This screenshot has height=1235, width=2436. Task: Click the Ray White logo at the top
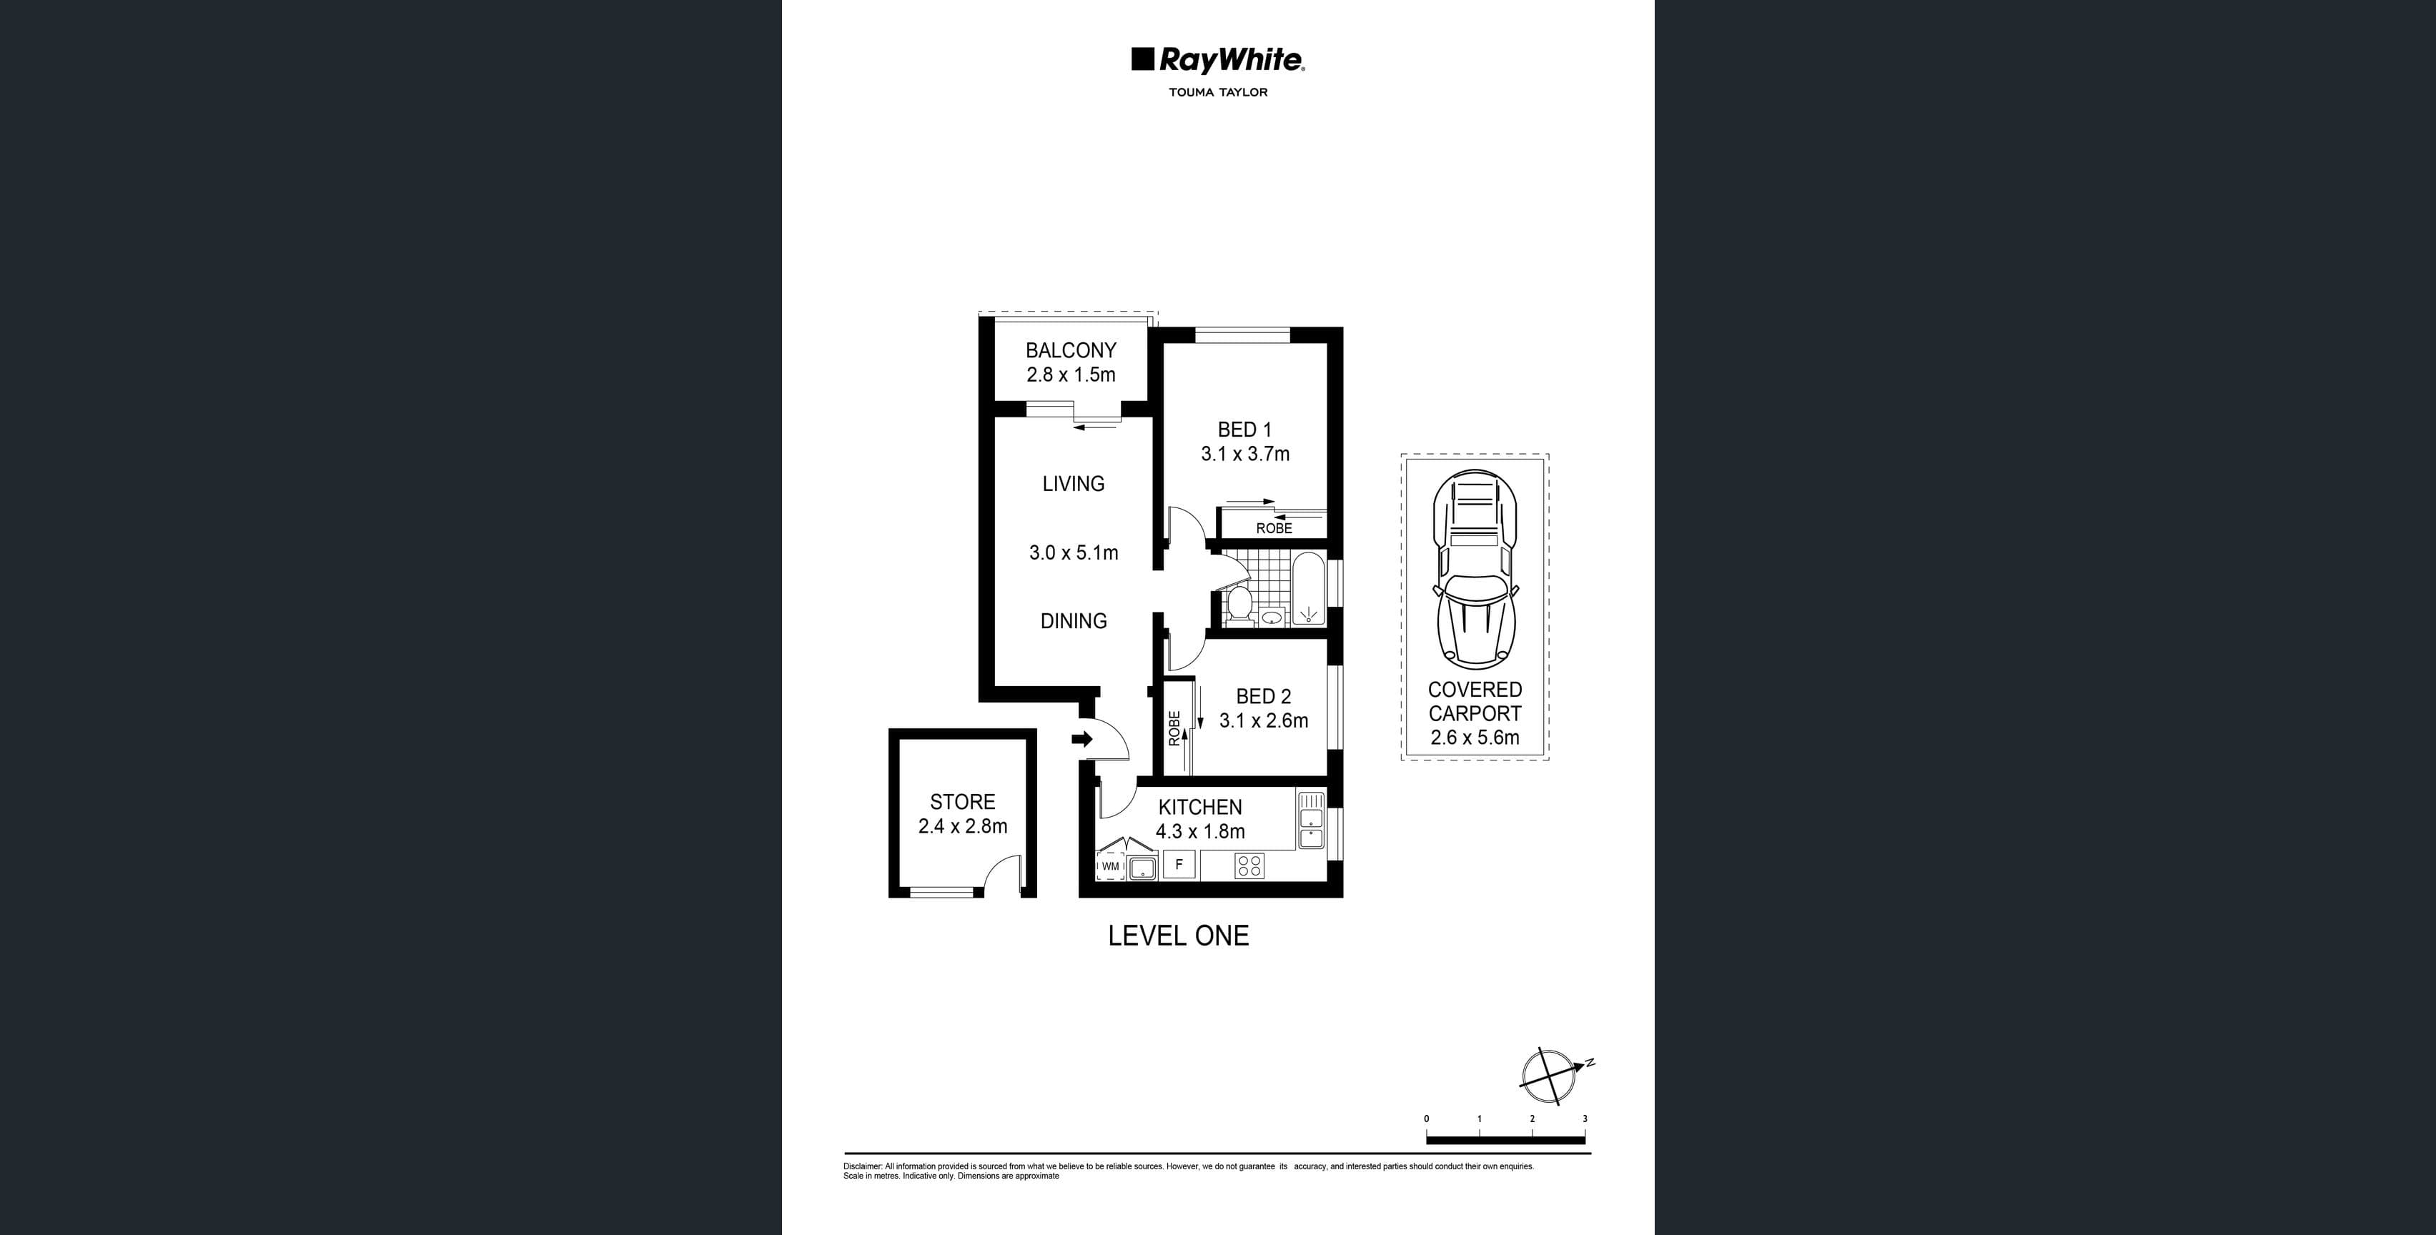[x=1218, y=61]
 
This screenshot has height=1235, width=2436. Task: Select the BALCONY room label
[x=1071, y=350]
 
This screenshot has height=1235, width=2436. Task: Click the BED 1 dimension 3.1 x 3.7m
[x=1244, y=454]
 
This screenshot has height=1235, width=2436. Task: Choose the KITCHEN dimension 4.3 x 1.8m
[x=1200, y=832]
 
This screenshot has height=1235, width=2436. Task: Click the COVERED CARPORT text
[x=1475, y=703]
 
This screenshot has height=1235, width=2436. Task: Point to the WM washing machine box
[x=1110, y=866]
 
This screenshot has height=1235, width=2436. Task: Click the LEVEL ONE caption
[x=1178, y=936]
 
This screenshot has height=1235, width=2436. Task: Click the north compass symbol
[x=1550, y=1076]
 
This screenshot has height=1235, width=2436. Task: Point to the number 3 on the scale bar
[x=1584, y=1119]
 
